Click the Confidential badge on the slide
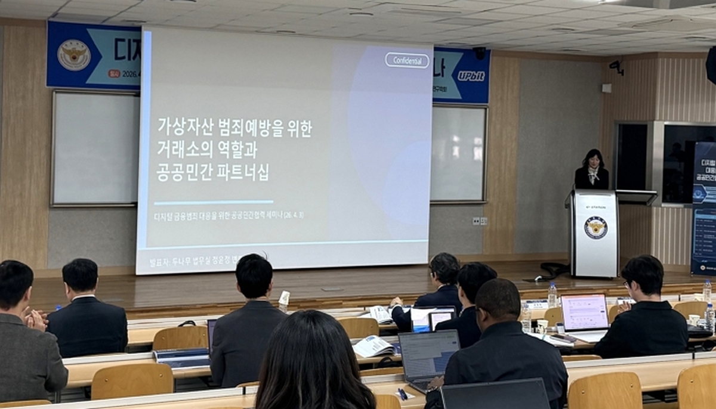[x=407, y=60]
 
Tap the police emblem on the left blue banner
[x=74, y=55]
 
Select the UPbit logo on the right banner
[x=471, y=76]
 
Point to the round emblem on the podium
[x=595, y=228]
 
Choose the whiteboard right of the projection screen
[x=459, y=153]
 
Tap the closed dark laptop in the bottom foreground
[x=495, y=395]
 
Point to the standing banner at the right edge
[x=704, y=209]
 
